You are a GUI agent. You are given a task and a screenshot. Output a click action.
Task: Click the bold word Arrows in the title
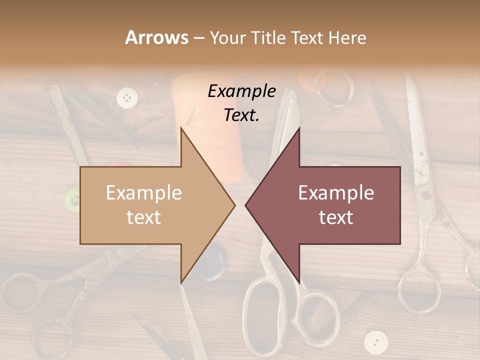(157, 37)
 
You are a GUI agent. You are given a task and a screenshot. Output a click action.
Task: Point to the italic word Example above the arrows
(241, 91)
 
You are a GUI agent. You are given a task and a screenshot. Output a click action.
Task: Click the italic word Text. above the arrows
(241, 115)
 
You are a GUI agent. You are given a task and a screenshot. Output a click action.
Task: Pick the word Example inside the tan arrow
(144, 193)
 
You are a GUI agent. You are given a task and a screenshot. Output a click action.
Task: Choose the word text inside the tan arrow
(144, 217)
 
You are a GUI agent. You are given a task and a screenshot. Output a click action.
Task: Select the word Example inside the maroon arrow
(336, 193)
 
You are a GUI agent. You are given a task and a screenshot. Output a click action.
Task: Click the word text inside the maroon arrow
(336, 217)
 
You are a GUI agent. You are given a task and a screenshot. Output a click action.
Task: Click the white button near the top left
(127, 97)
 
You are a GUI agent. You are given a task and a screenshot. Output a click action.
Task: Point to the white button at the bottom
(375, 342)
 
